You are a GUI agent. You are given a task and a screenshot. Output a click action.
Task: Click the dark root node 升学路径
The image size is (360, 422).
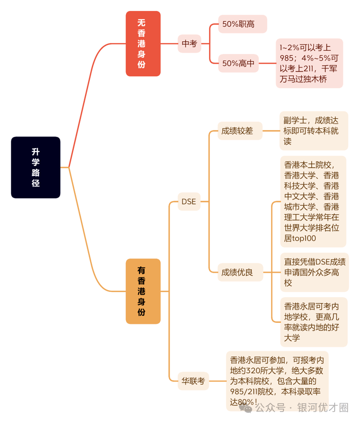click(x=35, y=167)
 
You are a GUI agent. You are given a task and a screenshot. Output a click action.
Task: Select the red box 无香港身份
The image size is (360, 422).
click(x=143, y=44)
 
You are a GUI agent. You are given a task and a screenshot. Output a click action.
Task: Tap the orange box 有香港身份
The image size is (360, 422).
click(x=143, y=291)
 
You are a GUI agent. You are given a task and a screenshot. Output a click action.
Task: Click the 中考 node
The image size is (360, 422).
click(x=189, y=44)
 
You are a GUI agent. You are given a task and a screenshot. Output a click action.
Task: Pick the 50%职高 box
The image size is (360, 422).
click(x=243, y=24)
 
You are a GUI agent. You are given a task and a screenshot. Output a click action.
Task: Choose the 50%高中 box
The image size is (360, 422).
click(x=238, y=63)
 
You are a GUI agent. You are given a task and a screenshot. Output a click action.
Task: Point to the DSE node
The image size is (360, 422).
click(x=189, y=201)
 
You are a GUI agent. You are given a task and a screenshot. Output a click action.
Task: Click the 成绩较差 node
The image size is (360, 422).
click(x=240, y=131)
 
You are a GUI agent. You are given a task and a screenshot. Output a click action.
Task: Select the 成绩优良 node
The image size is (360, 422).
click(x=240, y=272)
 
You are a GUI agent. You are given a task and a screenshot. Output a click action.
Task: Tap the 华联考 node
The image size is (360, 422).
click(x=193, y=381)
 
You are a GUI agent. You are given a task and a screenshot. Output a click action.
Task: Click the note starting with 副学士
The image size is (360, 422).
click(x=314, y=131)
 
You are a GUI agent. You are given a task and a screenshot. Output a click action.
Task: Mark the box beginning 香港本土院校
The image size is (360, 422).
click(x=313, y=202)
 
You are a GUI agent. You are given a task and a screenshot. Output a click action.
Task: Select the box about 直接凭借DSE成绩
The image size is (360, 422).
click(x=315, y=272)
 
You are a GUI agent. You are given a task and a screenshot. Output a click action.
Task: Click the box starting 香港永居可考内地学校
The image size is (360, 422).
click(x=314, y=322)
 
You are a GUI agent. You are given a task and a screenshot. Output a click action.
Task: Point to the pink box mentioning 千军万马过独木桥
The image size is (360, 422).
click(x=310, y=63)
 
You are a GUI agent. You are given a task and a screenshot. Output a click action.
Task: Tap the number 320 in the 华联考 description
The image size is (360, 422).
click(x=253, y=371)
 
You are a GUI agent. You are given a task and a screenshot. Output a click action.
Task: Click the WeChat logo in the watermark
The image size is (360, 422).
click(x=246, y=408)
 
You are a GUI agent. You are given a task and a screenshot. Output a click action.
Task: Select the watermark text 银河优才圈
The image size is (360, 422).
click(x=323, y=407)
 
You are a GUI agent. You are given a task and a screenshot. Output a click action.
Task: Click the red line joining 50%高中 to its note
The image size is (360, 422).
click(x=267, y=63)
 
